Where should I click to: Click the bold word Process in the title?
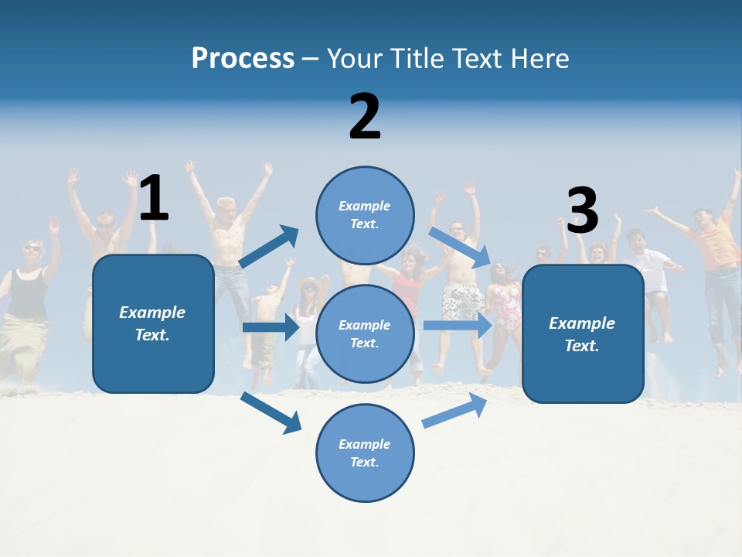tap(243, 59)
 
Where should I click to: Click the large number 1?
tap(154, 199)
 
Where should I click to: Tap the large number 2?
tap(365, 117)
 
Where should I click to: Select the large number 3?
tap(583, 211)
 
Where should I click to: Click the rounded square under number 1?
tap(153, 323)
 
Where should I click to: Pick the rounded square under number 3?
tap(583, 333)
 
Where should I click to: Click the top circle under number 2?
tap(365, 215)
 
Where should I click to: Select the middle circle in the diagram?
tap(365, 333)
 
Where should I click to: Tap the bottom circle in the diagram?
tap(365, 453)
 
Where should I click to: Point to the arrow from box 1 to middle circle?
tap(271, 327)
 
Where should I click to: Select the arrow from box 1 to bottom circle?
tap(271, 412)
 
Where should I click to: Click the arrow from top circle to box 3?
tap(461, 247)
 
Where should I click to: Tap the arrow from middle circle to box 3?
tap(458, 325)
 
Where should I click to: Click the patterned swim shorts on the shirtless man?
tap(462, 300)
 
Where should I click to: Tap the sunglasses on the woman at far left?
tap(32, 248)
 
